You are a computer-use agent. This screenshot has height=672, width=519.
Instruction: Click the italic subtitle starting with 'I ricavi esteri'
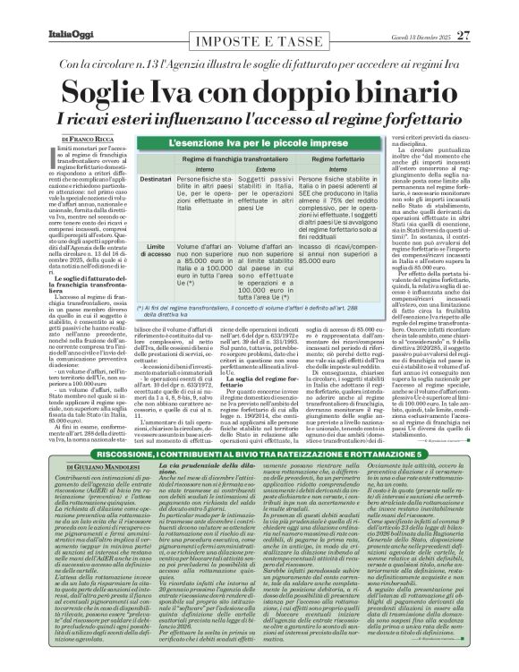pos(259,119)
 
